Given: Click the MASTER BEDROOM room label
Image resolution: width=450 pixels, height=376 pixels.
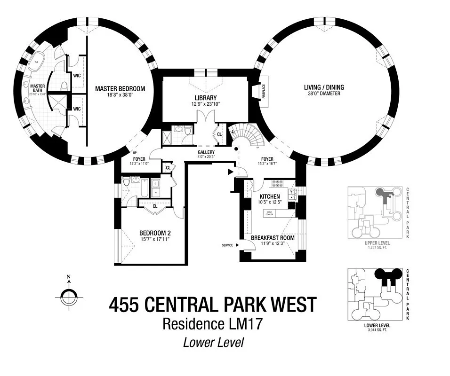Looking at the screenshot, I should coord(120,88).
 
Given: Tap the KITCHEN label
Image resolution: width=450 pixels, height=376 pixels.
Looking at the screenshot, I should coord(270,196).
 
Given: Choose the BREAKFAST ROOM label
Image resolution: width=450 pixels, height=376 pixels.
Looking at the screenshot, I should coord(273,238).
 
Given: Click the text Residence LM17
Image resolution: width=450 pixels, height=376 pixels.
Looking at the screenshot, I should coord(203,324).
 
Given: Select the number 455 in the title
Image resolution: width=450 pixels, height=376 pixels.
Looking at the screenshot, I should coord(124,305).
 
